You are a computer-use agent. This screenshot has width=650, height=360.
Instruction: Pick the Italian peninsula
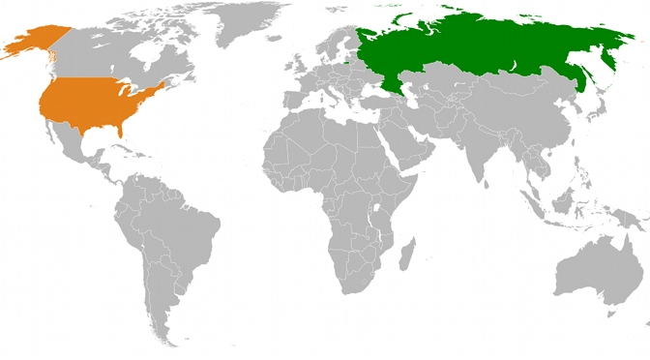tap(335, 99)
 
